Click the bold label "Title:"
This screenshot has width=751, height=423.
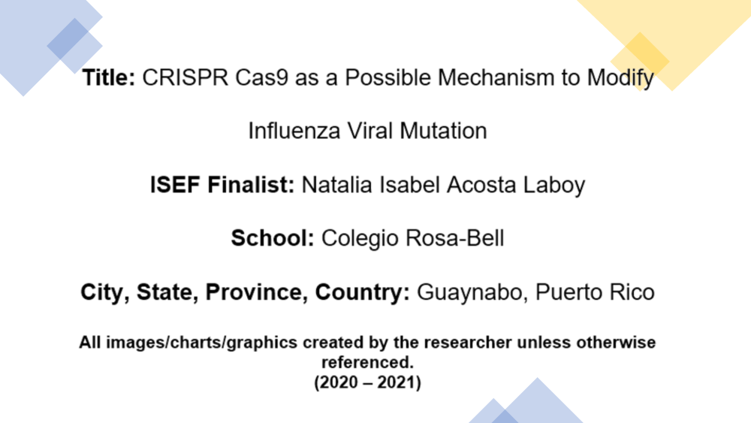pos(109,77)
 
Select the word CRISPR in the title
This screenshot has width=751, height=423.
pos(185,77)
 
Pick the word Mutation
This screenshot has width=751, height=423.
pos(443,131)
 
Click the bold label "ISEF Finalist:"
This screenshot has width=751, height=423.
pos(222,185)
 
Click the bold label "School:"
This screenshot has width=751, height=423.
pos(273,238)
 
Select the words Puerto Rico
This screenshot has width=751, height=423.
pos(595,292)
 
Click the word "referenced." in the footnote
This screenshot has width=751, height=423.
pos(367,363)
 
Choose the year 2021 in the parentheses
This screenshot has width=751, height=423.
pos(397,382)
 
